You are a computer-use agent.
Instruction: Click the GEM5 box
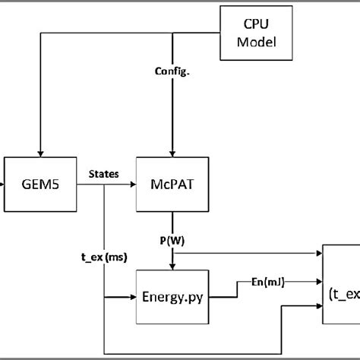(41, 184)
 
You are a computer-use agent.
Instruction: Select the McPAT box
(173, 184)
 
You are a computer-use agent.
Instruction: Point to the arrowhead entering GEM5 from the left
(2, 184)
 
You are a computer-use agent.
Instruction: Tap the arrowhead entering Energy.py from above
(173, 265)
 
